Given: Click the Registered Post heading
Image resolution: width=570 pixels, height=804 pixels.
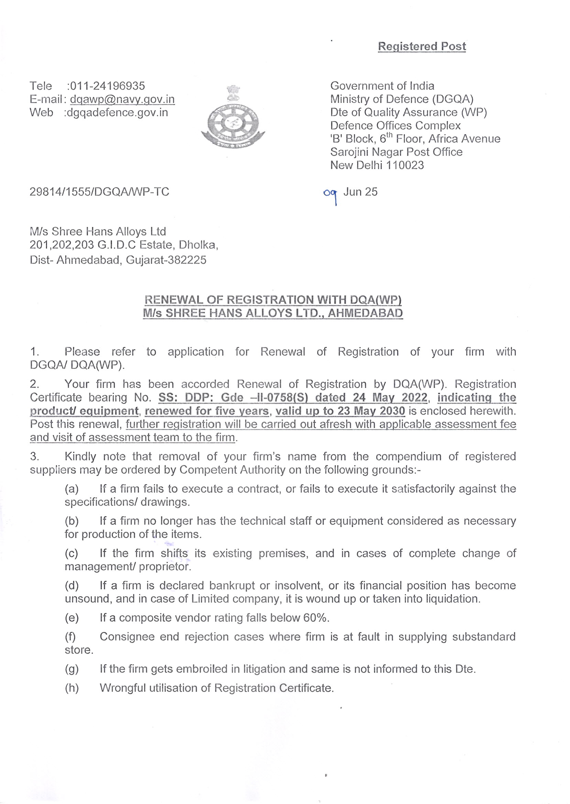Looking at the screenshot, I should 422,46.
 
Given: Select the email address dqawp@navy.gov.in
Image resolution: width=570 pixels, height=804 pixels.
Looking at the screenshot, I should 122,99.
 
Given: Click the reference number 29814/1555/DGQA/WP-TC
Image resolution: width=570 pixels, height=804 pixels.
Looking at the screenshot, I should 99,192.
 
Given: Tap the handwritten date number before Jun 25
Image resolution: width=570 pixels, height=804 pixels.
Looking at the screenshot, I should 330,194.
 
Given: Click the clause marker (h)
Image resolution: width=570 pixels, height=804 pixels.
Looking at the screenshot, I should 71,688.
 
